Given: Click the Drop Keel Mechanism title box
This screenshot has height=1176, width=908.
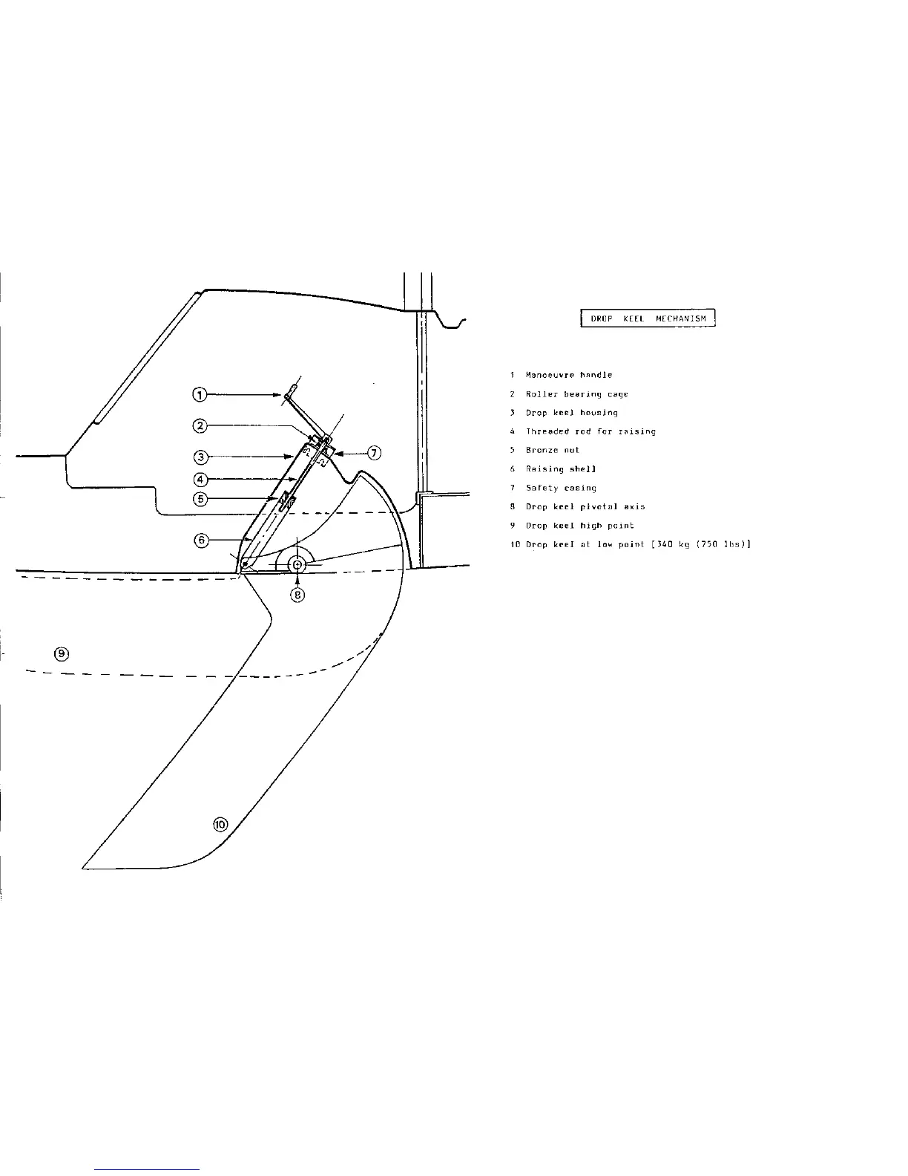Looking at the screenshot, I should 647,319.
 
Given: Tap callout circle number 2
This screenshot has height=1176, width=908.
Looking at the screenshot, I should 200,425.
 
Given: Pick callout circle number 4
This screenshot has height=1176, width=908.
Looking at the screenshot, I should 200,478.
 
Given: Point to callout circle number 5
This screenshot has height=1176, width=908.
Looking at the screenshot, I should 200,498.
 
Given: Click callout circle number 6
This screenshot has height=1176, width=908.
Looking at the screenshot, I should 201,540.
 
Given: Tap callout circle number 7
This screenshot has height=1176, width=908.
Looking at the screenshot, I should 375,453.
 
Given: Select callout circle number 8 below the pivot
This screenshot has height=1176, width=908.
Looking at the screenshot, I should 297,594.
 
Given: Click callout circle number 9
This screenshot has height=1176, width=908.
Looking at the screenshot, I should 62,654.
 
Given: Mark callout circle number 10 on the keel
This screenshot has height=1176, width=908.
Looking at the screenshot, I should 220,824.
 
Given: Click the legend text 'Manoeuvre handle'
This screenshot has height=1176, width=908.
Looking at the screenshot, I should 569,376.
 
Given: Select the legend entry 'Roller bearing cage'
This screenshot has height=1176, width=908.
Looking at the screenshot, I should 576,394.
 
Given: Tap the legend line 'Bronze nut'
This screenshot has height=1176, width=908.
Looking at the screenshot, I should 552,450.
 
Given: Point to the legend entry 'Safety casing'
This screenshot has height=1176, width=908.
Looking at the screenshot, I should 561,488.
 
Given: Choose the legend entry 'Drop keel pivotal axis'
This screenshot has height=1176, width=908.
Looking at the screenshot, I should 585,506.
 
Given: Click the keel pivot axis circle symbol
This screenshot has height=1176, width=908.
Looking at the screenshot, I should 297,565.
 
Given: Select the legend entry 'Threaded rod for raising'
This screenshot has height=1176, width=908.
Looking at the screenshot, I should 590,431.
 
